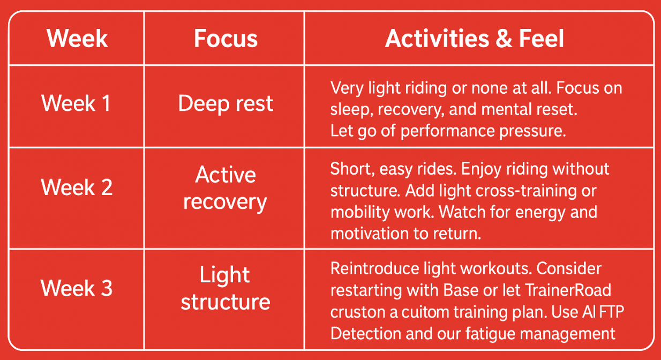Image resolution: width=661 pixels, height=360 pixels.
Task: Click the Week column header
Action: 77,39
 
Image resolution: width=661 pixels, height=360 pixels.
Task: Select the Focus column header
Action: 226,39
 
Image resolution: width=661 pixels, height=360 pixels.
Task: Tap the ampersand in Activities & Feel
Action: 504,39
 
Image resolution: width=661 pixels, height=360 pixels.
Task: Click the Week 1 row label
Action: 76,103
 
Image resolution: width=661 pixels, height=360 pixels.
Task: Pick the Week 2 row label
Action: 77,187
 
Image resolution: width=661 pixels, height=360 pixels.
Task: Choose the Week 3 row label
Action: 77,288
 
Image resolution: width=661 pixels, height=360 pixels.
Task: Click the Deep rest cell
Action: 226,104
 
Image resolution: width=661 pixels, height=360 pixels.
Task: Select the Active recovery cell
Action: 225,188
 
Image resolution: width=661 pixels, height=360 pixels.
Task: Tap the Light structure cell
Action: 226,288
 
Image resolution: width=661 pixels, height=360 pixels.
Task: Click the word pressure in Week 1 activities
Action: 532,131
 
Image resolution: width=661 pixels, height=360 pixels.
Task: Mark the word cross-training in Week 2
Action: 524,191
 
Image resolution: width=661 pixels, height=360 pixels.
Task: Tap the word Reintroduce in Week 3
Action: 375,268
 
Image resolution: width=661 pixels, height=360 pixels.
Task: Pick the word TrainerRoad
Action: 568,290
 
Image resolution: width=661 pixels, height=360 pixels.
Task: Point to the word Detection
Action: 366,334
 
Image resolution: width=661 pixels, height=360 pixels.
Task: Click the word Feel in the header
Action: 542,39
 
